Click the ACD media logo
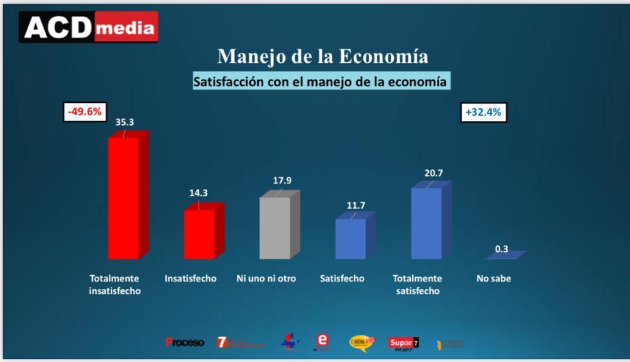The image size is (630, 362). pos(88,27)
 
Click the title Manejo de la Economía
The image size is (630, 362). pos(323,56)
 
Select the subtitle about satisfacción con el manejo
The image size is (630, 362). pos(320,81)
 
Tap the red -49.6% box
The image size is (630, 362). pos(85,112)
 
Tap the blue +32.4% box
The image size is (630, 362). pos(483,113)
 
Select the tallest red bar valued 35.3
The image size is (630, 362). pos(125,197)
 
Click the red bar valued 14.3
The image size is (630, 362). pos(201,233)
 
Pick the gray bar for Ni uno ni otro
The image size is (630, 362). pos(276,227)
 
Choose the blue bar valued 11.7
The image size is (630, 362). pos(351,238)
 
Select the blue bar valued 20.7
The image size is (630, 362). pos(427,222)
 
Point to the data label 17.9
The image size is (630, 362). pos(282,180)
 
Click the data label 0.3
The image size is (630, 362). pos(501,249)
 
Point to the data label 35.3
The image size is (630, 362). pos(124,122)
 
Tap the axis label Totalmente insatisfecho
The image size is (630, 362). pos(114,284)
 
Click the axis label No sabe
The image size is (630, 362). pos(493,279)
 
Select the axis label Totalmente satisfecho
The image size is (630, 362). pos(417,284)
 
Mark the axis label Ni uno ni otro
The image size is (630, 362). pos(266,279)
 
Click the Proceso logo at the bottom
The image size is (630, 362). pos(185,342)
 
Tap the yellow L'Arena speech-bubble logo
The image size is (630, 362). pos(361,342)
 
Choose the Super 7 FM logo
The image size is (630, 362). pos(403,342)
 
